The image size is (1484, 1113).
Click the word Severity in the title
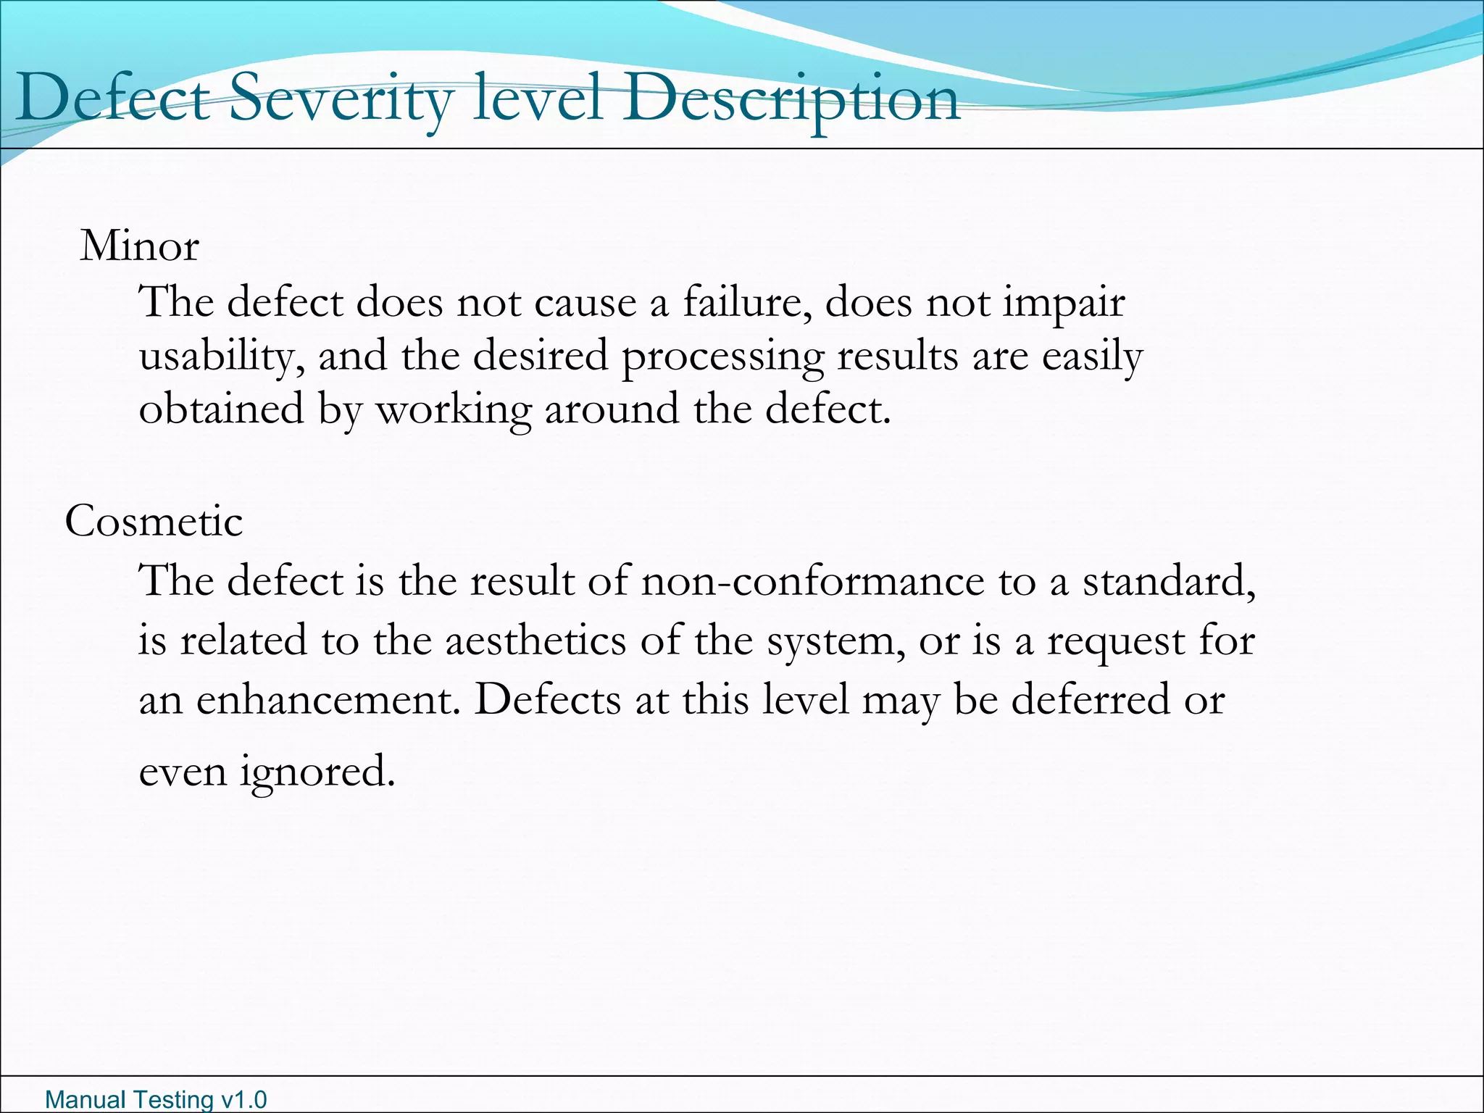pyautogui.click(x=341, y=100)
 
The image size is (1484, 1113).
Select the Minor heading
pyautogui.click(x=139, y=246)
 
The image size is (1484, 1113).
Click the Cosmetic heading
pyautogui.click(x=154, y=521)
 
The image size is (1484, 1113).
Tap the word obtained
pyautogui.click(x=221, y=409)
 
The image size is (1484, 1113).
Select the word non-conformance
pyautogui.click(x=812, y=581)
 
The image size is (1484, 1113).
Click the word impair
pyautogui.click(x=1064, y=303)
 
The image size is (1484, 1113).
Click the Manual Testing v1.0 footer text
pyautogui.click(x=156, y=1099)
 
